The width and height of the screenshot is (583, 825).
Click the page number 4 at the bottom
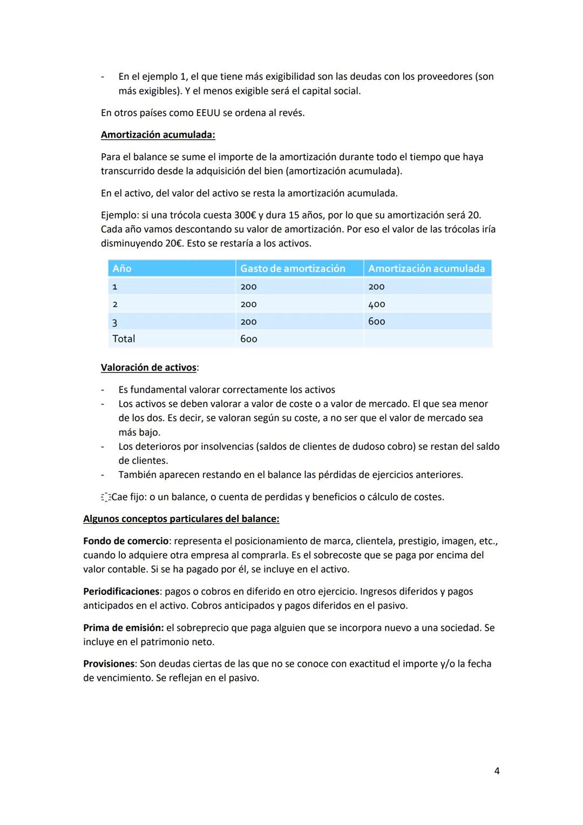(x=497, y=771)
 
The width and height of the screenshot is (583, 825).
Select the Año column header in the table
(x=122, y=268)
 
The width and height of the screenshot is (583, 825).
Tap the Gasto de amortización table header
(x=292, y=268)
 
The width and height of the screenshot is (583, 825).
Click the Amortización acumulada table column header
(x=426, y=268)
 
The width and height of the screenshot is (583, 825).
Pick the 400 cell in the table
(x=376, y=304)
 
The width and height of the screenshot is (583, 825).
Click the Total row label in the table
(x=124, y=339)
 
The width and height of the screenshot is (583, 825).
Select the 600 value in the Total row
(x=248, y=339)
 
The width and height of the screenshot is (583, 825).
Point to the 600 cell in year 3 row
(x=376, y=321)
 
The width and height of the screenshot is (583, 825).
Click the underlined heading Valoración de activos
(x=149, y=368)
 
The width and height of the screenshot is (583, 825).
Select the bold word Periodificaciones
(x=121, y=591)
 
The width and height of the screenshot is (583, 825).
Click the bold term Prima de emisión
(x=123, y=628)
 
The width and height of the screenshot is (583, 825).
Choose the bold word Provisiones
(x=109, y=664)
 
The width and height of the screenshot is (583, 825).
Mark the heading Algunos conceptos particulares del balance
(x=181, y=519)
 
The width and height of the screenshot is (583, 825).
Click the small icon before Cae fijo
(x=105, y=497)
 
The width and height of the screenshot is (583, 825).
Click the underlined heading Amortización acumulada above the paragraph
(x=158, y=135)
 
